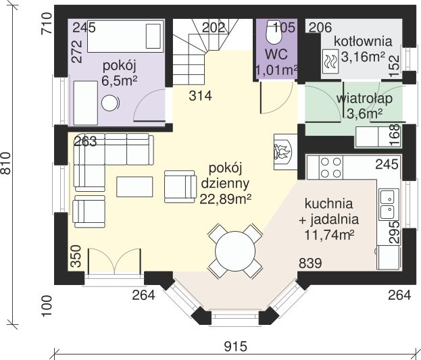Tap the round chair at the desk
pyautogui.click(x=109, y=103)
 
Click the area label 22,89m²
pyautogui.click(x=226, y=198)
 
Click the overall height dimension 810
pyautogui.click(x=7, y=161)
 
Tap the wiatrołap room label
pyautogui.click(x=365, y=99)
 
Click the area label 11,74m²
pyautogui.click(x=330, y=234)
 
